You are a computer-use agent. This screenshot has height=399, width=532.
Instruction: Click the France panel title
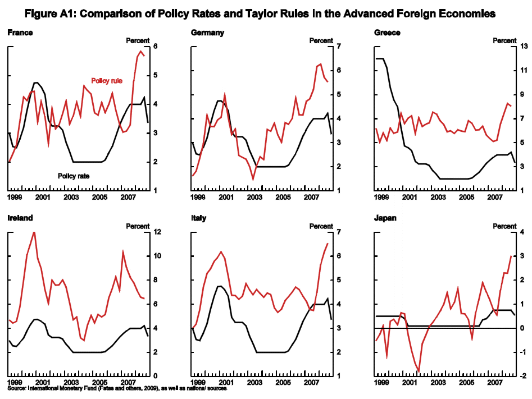[x=20, y=33]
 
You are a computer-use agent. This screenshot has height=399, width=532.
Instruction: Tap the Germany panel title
[x=208, y=33]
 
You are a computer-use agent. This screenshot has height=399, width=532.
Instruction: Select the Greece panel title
[x=387, y=33]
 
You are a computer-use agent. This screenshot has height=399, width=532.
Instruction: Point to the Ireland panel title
[x=20, y=218]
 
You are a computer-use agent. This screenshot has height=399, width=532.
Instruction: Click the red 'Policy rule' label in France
[x=107, y=81]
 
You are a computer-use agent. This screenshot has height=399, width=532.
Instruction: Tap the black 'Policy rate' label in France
[x=74, y=175]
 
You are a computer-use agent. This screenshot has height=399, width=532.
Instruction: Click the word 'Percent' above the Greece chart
[x=504, y=40]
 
